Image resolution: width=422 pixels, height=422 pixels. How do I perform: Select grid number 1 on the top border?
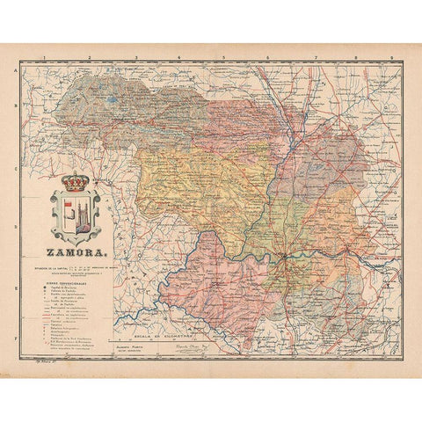tap(44, 55)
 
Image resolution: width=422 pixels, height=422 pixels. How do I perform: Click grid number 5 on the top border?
tap(224, 55)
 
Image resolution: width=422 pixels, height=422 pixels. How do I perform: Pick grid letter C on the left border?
tap(29, 167)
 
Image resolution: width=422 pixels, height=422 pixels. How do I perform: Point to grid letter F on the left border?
tap(29, 335)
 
